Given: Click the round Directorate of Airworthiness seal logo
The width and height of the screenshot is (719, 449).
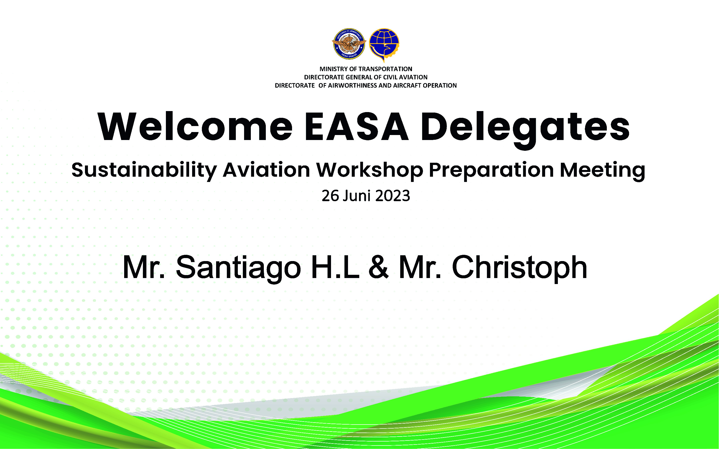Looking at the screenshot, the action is click(349, 44).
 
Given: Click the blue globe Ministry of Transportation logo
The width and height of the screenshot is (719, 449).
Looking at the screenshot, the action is click(384, 44).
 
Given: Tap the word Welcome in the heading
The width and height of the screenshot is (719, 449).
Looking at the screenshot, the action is click(195, 127).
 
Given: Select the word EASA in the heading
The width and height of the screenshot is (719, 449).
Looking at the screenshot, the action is click(357, 127).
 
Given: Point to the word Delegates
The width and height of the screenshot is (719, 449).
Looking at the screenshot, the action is click(525, 130).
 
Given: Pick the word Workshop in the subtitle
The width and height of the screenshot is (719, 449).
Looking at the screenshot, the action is click(369, 171).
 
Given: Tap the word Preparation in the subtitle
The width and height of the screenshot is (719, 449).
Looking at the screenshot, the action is click(491, 171).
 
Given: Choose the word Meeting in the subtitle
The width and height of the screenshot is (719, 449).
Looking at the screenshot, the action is click(603, 171).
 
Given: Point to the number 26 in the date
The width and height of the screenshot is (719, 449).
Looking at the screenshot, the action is click(331, 196).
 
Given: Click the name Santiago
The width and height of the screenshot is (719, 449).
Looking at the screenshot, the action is click(238, 268).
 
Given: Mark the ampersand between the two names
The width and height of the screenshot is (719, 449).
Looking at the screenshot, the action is click(378, 267).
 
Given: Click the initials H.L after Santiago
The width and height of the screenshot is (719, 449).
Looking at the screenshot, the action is click(335, 267).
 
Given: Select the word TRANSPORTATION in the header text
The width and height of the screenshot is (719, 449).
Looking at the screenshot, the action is click(385, 69).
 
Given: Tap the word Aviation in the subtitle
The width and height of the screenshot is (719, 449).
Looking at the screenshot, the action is click(266, 170).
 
